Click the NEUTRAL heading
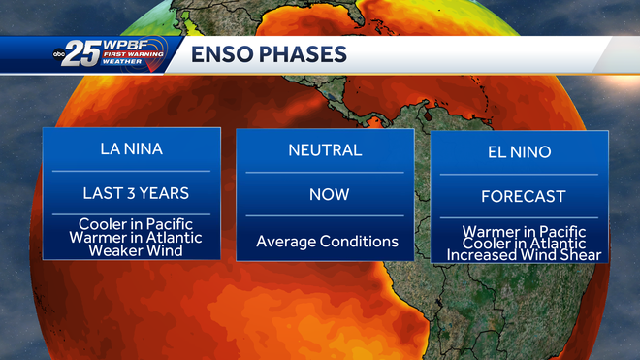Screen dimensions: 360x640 pyautogui.click(x=325, y=150)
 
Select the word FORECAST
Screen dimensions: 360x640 pyautogui.click(x=523, y=197)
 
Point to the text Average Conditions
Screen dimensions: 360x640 pyautogui.click(x=327, y=241)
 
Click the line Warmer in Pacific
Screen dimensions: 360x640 pyautogui.click(x=523, y=232)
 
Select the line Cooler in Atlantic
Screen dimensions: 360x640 pyautogui.click(x=523, y=244)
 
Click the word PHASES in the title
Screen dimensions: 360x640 pyautogui.click(x=303, y=54)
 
